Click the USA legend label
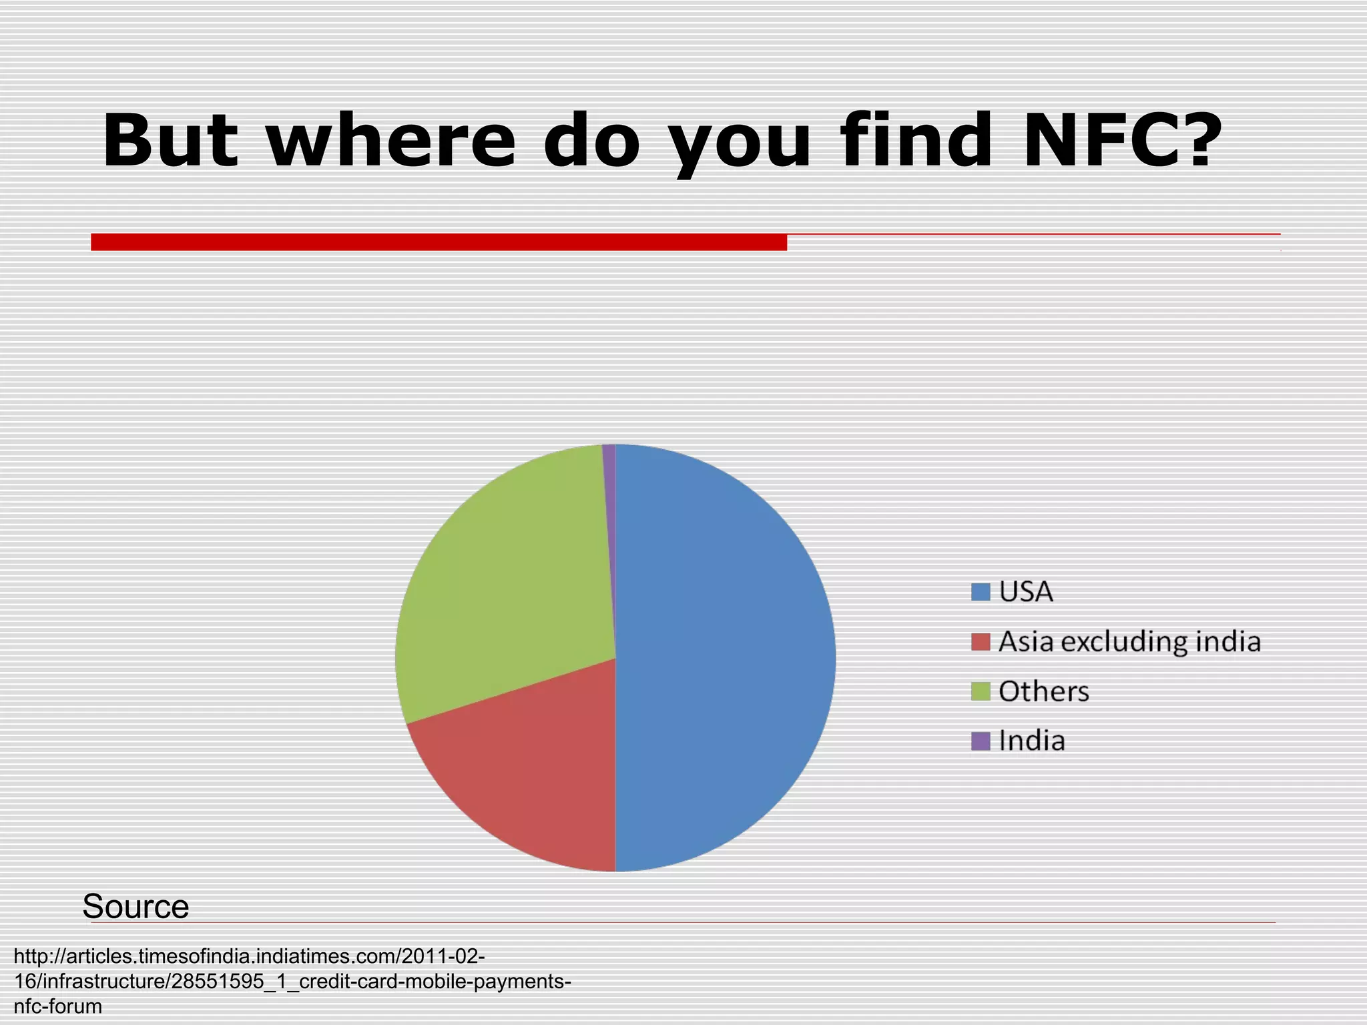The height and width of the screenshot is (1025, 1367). click(x=1026, y=592)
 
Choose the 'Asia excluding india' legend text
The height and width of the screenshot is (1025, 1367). click(x=1129, y=642)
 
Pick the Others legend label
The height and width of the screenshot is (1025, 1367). click(x=1043, y=691)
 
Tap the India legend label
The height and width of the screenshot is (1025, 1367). click(x=1032, y=741)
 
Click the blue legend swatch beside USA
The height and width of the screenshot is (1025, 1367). click(x=980, y=592)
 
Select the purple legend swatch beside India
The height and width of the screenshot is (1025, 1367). click(x=980, y=741)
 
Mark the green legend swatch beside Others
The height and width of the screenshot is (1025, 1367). click(x=980, y=691)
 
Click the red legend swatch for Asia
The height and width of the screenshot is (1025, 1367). click(x=980, y=642)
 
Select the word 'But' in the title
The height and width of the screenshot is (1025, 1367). click(x=170, y=140)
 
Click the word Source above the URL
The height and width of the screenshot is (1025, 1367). click(x=135, y=906)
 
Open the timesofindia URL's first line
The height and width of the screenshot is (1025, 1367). click(x=249, y=956)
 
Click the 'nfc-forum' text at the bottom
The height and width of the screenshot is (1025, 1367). click(x=57, y=1006)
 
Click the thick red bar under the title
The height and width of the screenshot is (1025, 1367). click(x=439, y=242)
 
